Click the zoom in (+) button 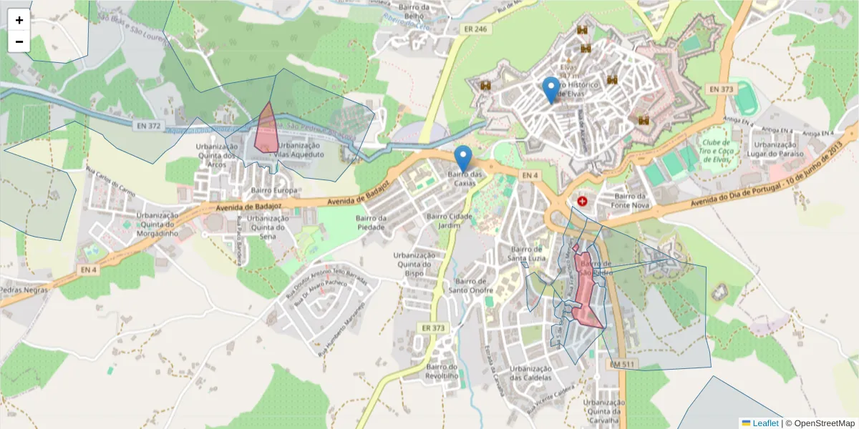[x=19, y=20]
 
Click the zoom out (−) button [x=19, y=41]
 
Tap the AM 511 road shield [x=623, y=364]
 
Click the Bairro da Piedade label [x=372, y=222]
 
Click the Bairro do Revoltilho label [x=442, y=371]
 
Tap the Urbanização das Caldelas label [x=530, y=373]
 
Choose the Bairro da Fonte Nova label [x=630, y=201]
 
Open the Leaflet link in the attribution [x=765, y=423]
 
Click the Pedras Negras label [x=24, y=290]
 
